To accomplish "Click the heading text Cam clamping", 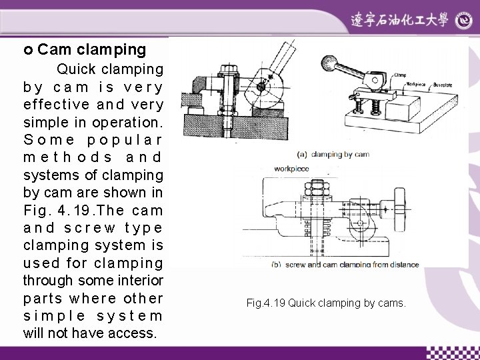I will click(91, 49).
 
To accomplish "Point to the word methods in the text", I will click(69, 157).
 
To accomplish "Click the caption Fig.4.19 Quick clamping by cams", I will click(325, 303).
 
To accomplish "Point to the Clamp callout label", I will click(399, 76).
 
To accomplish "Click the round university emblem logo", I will click(463, 21).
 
